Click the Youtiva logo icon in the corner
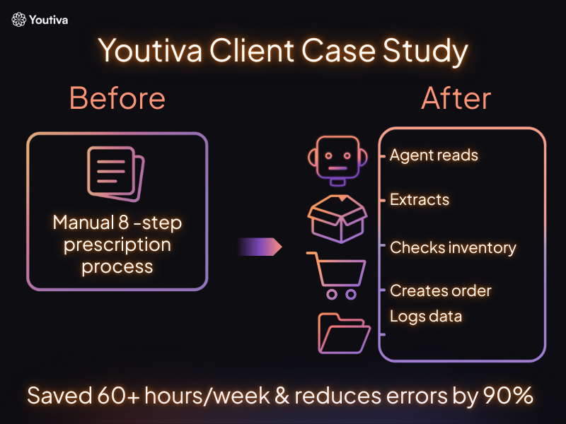coord(19,20)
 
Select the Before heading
coord(117,99)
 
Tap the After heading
coord(456,99)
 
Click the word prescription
coord(117,245)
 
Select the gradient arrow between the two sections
coord(260,247)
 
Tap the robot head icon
coord(336,159)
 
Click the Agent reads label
coord(434,155)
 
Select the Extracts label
coord(420,199)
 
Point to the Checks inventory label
coord(453,248)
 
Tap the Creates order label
coord(440,290)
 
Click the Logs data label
coord(426,316)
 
